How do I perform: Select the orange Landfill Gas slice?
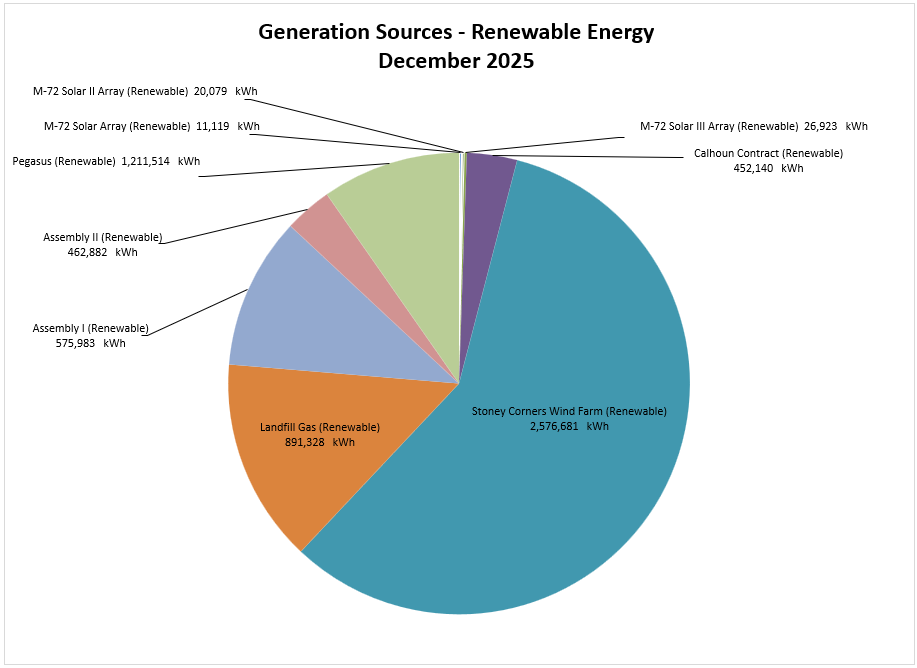[270, 480]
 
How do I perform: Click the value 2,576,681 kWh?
[569, 426]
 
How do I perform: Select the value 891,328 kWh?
[320, 442]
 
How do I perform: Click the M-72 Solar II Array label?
[110, 91]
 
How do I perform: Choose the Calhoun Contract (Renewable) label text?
[768, 153]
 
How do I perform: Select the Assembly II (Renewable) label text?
[102, 237]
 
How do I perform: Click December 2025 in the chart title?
[456, 60]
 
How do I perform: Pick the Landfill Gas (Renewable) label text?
[320, 427]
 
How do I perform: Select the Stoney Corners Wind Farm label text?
[569, 411]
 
